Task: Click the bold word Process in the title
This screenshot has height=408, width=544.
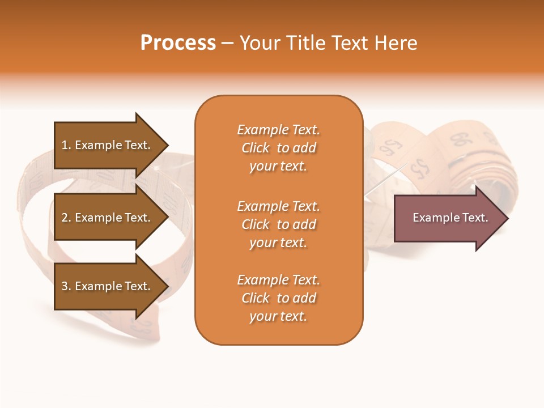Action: (x=178, y=43)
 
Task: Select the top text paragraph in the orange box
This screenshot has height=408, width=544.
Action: (x=278, y=148)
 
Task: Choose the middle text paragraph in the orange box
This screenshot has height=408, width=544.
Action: (x=278, y=224)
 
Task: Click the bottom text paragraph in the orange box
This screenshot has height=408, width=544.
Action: (x=278, y=298)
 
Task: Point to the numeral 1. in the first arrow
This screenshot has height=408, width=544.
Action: (x=66, y=145)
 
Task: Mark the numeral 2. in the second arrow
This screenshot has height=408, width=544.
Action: (x=66, y=218)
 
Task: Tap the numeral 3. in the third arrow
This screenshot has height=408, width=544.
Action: (x=66, y=286)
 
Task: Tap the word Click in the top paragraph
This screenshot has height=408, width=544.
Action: (x=256, y=148)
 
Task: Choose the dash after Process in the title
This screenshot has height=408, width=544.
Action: (x=228, y=44)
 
